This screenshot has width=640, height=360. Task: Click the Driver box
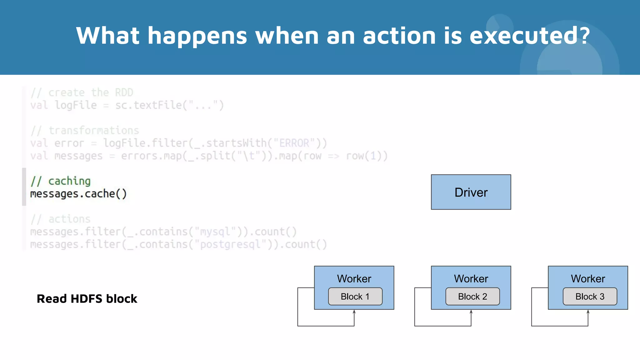471,192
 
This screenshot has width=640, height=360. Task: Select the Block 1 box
355,296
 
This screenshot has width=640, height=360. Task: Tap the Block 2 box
472,296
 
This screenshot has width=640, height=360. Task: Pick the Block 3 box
590,296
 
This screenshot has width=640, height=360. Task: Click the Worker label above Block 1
354,278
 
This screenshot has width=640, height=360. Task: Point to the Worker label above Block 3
588,278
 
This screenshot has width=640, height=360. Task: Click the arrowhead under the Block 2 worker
471,312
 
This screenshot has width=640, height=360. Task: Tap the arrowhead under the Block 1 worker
354,312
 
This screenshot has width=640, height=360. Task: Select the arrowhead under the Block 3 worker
588,312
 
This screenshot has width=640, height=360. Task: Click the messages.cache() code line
78,194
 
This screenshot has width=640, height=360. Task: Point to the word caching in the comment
69,181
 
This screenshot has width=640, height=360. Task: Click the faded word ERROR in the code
294,143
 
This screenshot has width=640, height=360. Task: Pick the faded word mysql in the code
215,232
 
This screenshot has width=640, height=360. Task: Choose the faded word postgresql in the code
231,244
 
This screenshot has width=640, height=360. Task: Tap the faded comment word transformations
94,130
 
